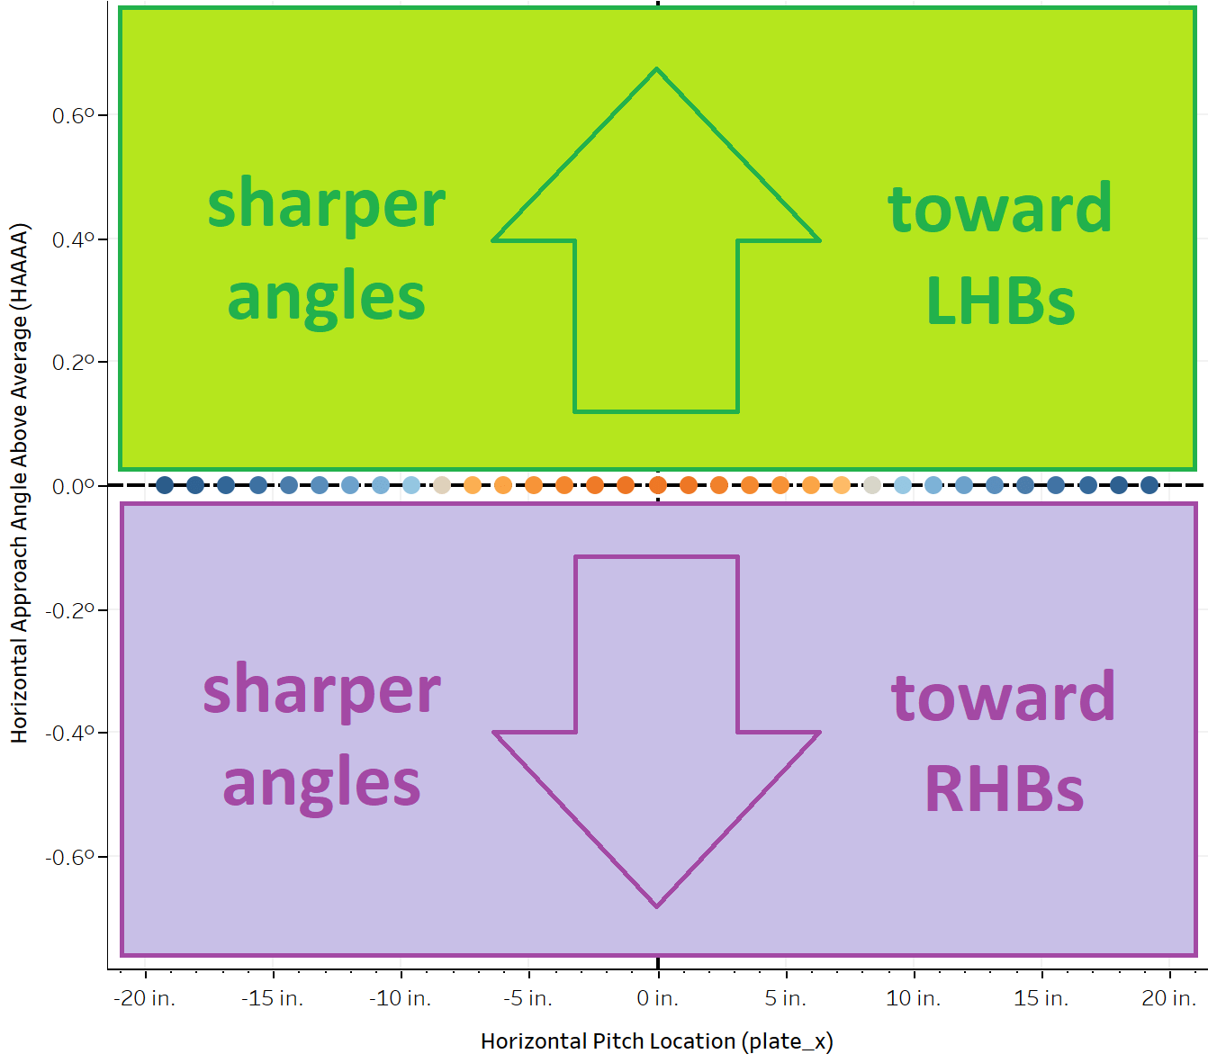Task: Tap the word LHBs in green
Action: click(x=1000, y=301)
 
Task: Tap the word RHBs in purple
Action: click(x=1004, y=789)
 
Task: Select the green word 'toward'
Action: click(x=1000, y=208)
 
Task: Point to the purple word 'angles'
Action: click(x=321, y=783)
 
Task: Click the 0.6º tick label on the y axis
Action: click(x=73, y=116)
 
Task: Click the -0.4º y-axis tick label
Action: click(x=70, y=734)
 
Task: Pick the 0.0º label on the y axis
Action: click(x=73, y=487)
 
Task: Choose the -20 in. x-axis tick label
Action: click(x=144, y=998)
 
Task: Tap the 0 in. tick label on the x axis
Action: click(x=657, y=998)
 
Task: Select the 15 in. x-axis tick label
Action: click(x=1041, y=998)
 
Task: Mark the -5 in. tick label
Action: click(x=528, y=998)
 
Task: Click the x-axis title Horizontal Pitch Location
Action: click(x=656, y=1041)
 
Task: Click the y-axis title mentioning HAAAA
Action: click(x=20, y=483)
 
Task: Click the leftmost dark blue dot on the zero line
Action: click(x=165, y=485)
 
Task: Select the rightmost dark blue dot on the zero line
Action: click(x=1149, y=485)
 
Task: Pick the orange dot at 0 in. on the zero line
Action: click(x=658, y=485)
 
